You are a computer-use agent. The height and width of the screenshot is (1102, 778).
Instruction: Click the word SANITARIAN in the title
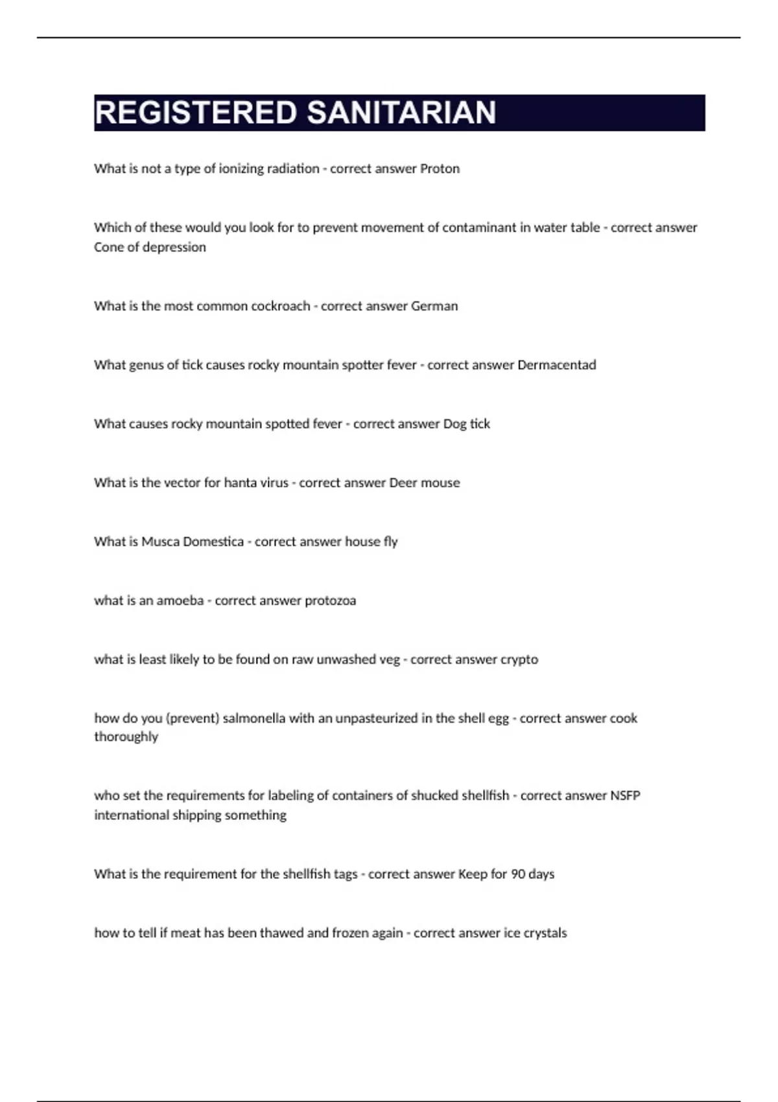click(401, 113)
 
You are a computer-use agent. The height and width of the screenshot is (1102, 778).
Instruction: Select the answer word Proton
click(440, 169)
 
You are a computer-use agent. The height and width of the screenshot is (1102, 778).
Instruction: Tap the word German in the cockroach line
click(434, 306)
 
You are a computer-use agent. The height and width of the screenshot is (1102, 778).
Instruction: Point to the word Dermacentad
click(556, 365)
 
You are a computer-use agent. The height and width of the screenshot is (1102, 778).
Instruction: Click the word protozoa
click(330, 601)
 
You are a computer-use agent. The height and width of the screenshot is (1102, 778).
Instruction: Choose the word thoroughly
click(126, 737)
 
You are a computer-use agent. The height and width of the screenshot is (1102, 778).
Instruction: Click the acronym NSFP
click(625, 795)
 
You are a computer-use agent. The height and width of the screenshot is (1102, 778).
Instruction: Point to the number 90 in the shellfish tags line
click(518, 874)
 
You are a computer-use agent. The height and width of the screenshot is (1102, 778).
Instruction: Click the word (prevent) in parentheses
click(193, 718)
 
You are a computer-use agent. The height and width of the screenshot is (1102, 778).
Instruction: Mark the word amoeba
click(180, 601)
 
